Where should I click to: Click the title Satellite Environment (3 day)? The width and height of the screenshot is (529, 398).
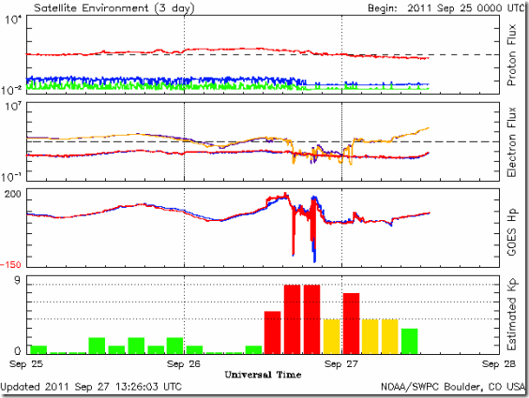point(114,8)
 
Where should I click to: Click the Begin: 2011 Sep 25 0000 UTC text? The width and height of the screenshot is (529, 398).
point(446,8)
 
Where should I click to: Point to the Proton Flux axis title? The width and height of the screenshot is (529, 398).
point(512,55)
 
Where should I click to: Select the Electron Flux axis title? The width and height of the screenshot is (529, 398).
point(512,141)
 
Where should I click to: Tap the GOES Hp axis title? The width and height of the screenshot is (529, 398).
point(512,232)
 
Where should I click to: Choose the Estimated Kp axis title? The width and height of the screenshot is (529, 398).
point(512,314)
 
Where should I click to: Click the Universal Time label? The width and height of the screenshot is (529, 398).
point(263,375)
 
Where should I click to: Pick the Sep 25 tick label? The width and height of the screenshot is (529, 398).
point(26,364)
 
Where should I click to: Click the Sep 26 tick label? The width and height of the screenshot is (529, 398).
point(184,364)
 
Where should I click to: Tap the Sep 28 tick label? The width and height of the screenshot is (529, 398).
point(499,364)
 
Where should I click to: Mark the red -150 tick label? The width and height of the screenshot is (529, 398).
point(10,265)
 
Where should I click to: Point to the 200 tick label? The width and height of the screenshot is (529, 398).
point(12,194)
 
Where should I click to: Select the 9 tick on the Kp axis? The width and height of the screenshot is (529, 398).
point(17,281)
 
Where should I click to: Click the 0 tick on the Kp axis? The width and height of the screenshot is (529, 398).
point(17,350)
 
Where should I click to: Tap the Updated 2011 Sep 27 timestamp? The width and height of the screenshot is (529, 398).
point(91,387)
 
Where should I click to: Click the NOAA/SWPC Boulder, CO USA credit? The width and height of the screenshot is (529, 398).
point(453,387)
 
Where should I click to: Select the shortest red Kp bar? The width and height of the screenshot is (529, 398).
point(272,332)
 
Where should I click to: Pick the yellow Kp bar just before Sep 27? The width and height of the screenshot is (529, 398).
point(332,337)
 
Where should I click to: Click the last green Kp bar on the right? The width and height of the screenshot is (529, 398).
point(410,342)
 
